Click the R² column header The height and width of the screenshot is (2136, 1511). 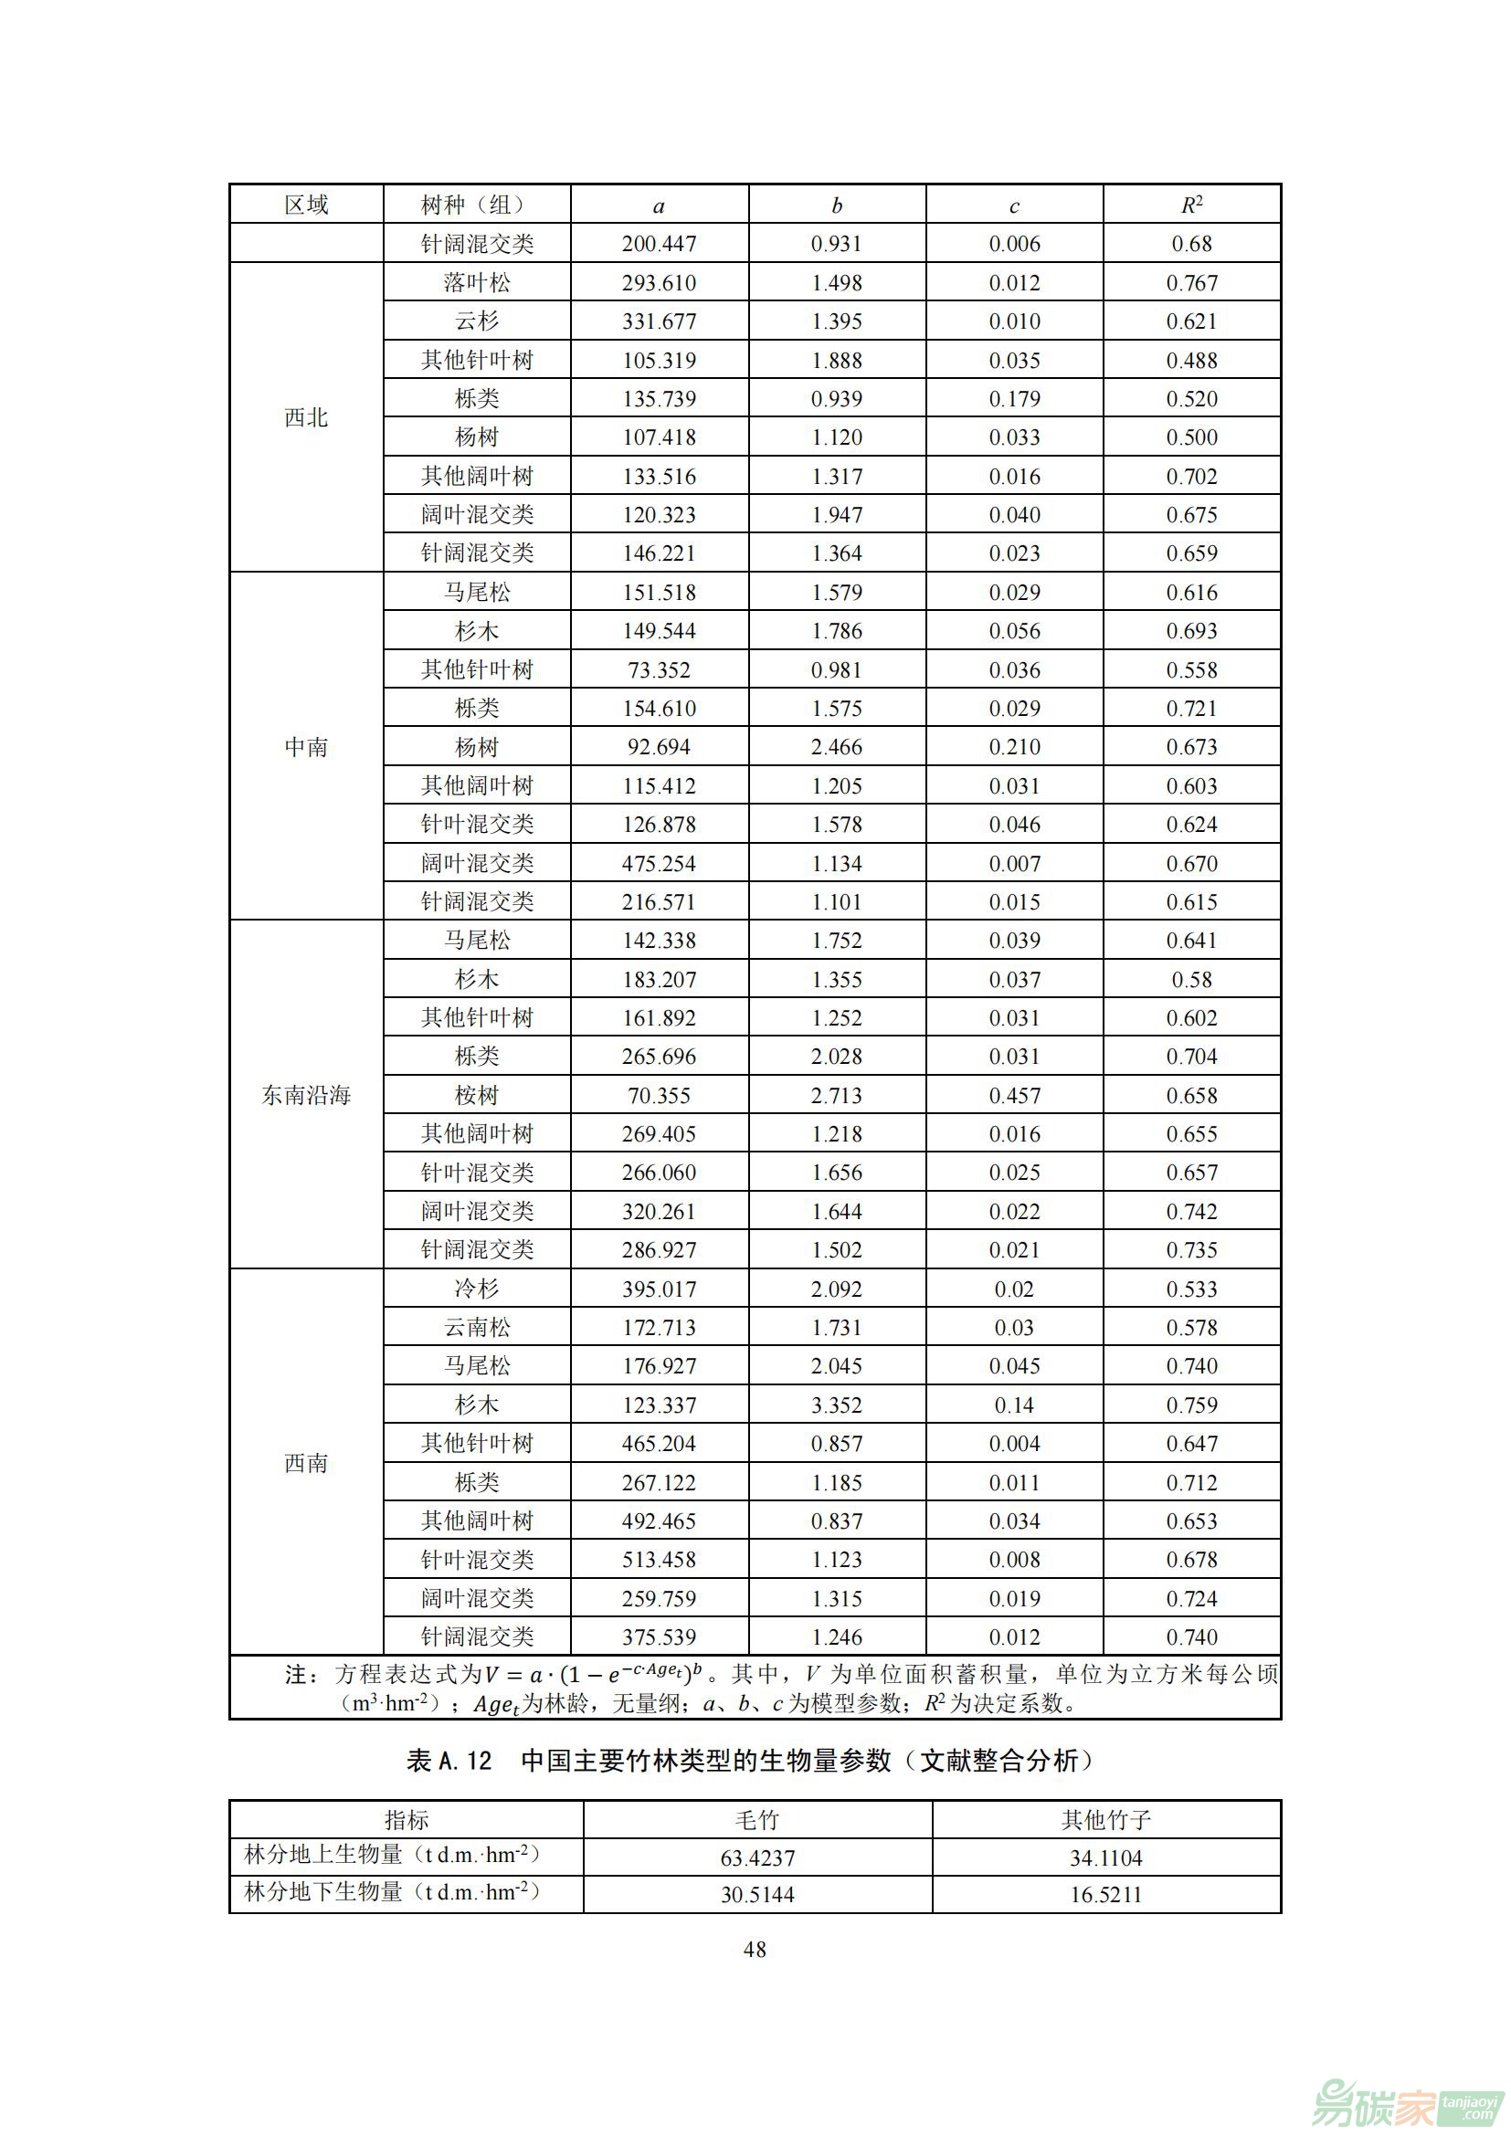(x=1191, y=205)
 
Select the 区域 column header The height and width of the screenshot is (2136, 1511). (x=306, y=205)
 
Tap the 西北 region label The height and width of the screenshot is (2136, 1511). (x=306, y=417)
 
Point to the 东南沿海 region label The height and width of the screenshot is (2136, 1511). (x=306, y=1095)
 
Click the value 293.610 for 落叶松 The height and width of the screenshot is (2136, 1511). (x=659, y=283)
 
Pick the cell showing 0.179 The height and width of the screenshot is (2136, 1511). (x=1014, y=399)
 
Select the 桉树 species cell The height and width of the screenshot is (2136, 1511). (x=476, y=1095)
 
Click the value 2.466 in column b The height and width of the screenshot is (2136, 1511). (x=837, y=747)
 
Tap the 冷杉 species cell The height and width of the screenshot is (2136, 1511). (x=476, y=1289)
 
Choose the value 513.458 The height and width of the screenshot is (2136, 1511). (x=659, y=1559)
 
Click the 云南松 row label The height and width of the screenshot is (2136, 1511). (x=476, y=1328)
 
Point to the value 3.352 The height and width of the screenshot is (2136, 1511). (x=837, y=1405)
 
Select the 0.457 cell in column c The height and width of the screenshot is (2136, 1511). (x=1014, y=1095)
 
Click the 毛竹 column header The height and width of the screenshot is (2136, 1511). (x=756, y=1819)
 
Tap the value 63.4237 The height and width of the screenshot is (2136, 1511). (x=757, y=1857)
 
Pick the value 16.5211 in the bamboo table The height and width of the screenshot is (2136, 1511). (x=1105, y=1894)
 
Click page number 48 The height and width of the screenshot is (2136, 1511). (x=755, y=1949)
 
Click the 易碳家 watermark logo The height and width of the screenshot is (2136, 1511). (x=1405, y=2100)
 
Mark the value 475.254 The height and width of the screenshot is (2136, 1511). (x=659, y=863)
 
